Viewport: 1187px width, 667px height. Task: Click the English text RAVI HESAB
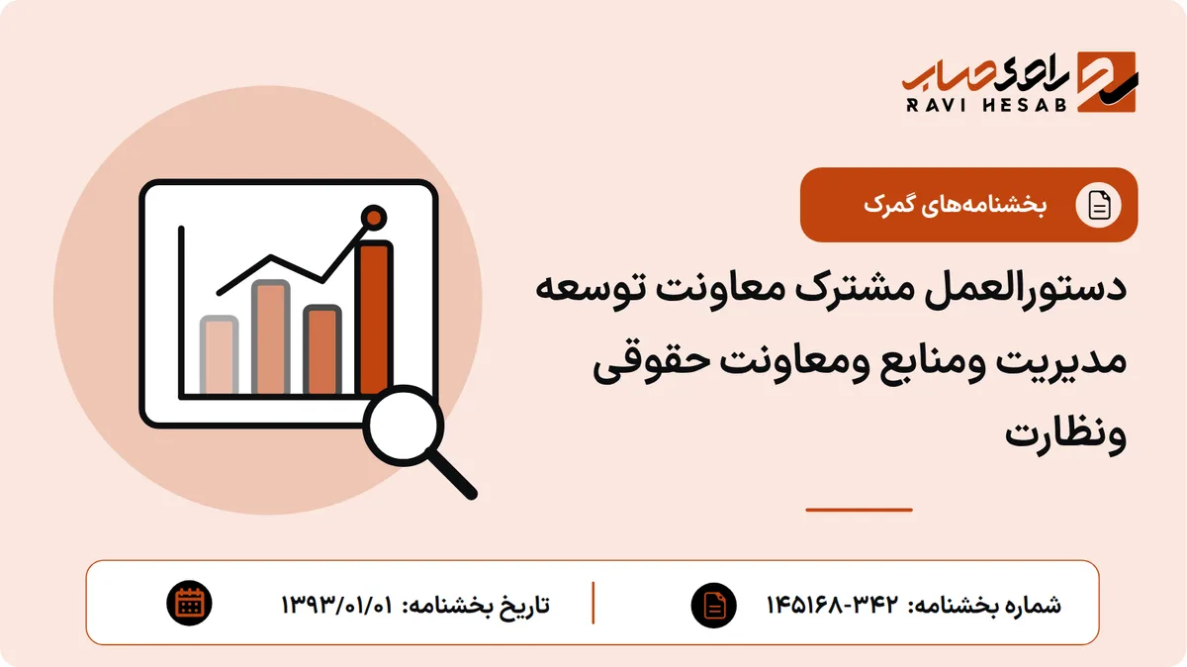pyautogui.click(x=986, y=105)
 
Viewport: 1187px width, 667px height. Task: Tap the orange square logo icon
pyautogui.click(x=1107, y=82)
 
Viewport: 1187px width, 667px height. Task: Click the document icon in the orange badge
pyautogui.click(x=1098, y=205)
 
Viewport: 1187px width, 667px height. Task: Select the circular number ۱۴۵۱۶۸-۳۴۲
pyautogui.click(x=833, y=605)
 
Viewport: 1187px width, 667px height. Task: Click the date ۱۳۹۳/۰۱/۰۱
pyautogui.click(x=337, y=605)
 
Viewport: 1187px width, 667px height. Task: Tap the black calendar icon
pyautogui.click(x=189, y=604)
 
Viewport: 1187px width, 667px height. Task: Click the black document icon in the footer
pyautogui.click(x=714, y=605)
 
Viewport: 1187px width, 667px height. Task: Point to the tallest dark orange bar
pyautogui.click(x=375, y=318)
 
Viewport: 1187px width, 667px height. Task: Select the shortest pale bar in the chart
pyautogui.click(x=219, y=355)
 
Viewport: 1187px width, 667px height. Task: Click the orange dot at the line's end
pyautogui.click(x=374, y=218)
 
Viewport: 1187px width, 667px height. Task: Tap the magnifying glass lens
pyautogui.click(x=404, y=426)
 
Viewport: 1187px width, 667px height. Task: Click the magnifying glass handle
pyautogui.click(x=452, y=474)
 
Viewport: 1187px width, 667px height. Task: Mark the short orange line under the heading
pyautogui.click(x=859, y=510)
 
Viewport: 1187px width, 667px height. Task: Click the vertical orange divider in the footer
pyautogui.click(x=593, y=603)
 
